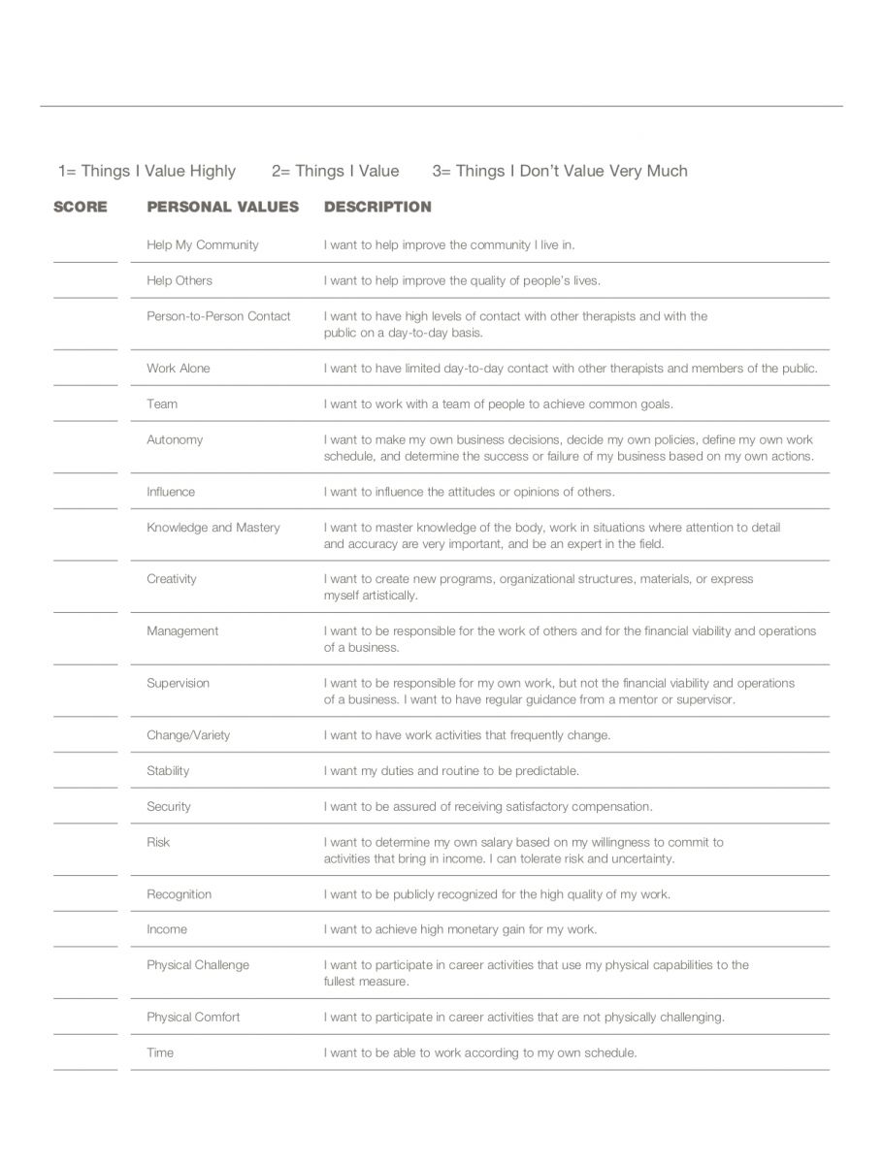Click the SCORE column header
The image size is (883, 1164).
(81, 207)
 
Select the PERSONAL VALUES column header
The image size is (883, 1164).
(222, 207)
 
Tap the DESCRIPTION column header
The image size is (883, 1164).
(377, 207)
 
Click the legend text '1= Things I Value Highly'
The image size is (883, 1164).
(147, 171)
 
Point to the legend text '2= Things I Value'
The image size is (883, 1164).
(335, 171)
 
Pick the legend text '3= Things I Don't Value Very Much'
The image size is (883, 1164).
(560, 171)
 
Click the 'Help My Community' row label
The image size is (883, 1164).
(203, 245)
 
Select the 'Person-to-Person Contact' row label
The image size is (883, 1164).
(218, 316)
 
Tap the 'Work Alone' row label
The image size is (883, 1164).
(179, 369)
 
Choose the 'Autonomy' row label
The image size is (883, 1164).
(175, 439)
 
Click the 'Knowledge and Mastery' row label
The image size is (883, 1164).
(213, 528)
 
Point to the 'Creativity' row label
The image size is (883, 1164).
(172, 579)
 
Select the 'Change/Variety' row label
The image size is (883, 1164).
(188, 735)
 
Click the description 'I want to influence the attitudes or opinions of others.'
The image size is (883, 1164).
(469, 492)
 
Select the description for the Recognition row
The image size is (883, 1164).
(497, 894)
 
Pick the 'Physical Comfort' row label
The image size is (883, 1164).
(193, 1018)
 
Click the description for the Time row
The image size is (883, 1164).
(480, 1052)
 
